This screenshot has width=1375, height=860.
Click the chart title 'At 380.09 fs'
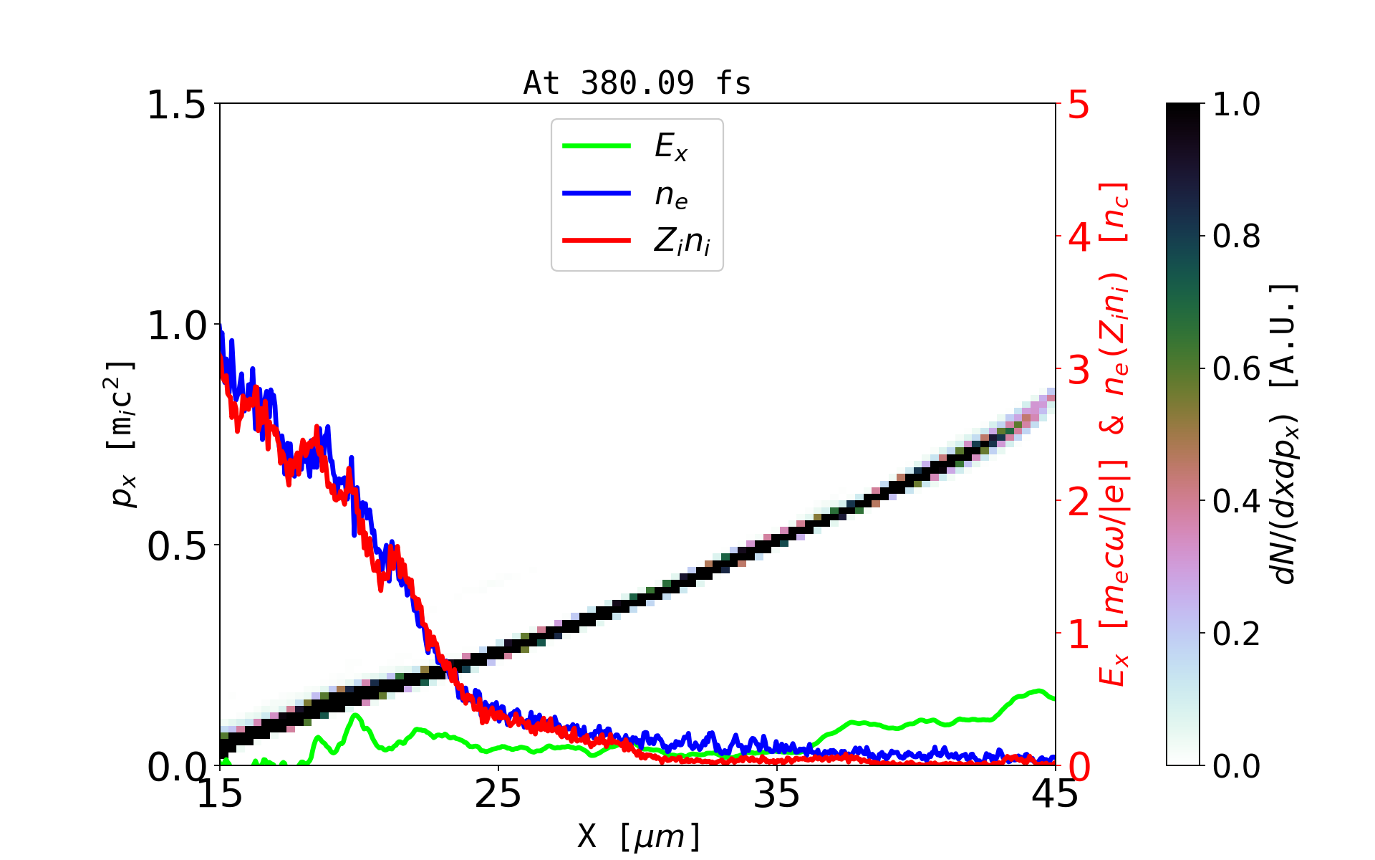click(x=637, y=83)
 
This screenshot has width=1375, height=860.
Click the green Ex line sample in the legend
click(x=597, y=146)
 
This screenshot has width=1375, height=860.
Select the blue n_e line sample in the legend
click(x=597, y=193)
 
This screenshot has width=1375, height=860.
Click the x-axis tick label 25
click(x=498, y=794)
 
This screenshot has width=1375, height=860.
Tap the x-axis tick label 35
click(x=777, y=794)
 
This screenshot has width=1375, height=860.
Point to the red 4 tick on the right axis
click(x=1079, y=236)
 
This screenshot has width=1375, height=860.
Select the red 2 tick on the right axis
click(x=1079, y=502)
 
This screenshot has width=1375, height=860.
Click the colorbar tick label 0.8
click(x=1236, y=236)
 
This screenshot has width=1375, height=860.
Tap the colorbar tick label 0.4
click(x=1236, y=502)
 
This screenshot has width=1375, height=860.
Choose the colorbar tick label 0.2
click(x=1236, y=634)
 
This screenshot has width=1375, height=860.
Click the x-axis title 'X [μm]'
click(x=639, y=836)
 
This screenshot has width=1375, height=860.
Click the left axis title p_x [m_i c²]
click(x=122, y=434)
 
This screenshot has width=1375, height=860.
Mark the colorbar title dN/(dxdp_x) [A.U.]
click(x=1286, y=434)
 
